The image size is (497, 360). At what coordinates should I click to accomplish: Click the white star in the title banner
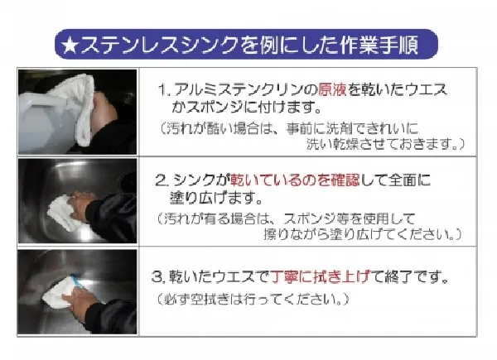click(70, 46)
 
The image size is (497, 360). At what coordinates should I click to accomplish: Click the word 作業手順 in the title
click(379, 45)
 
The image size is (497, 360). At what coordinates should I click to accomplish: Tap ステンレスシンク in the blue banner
click(159, 45)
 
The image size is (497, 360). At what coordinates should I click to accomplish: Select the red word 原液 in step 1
click(332, 89)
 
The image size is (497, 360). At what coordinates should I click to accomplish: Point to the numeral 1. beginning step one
click(164, 90)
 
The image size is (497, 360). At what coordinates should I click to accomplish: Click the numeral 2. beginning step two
click(162, 180)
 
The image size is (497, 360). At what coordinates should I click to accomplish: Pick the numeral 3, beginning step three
click(158, 276)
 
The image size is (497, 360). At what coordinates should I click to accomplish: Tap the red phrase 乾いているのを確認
click(295, 180)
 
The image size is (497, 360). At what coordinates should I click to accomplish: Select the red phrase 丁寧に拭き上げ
click(321, 276)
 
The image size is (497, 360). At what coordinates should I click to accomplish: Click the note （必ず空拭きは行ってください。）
click(253, 299)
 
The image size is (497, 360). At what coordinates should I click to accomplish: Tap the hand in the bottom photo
click(80, 300)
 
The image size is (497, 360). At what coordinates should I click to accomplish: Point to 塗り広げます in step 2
click(216, 198)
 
